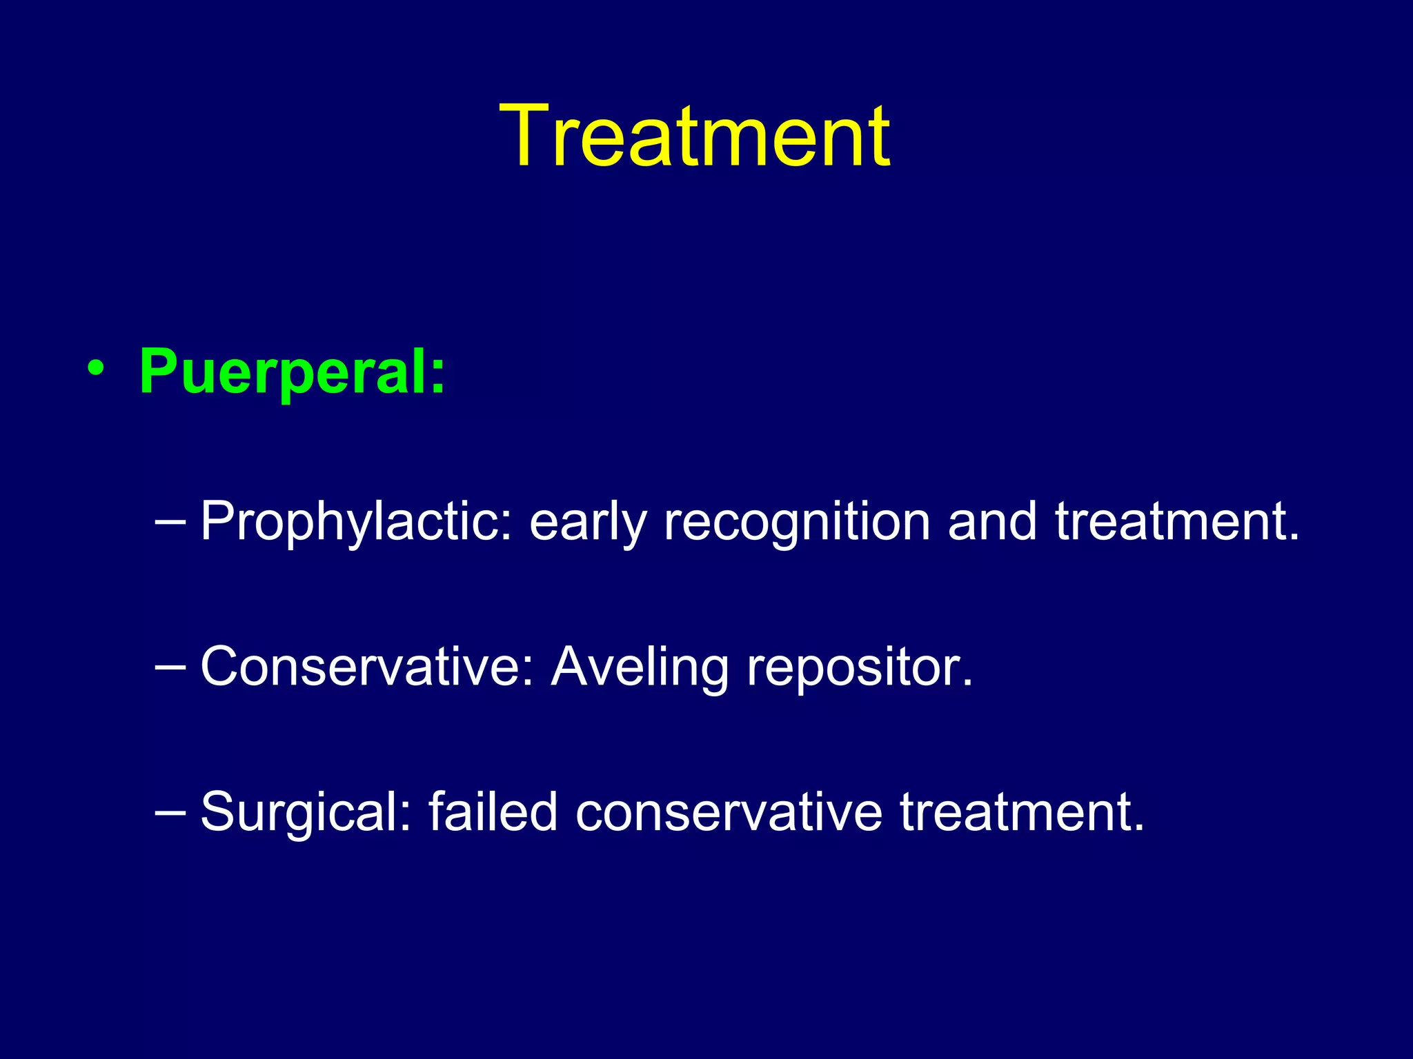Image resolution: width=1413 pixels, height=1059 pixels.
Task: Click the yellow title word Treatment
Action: click(695, 136)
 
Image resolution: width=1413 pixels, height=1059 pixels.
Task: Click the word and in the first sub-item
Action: click(993, 521)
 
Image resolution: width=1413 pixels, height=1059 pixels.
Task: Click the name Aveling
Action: click(640, 668)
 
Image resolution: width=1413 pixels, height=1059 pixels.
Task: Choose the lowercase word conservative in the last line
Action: click(729, 812)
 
